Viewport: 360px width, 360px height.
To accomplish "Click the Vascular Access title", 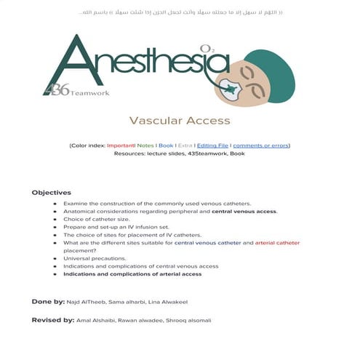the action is (x=180, y=121).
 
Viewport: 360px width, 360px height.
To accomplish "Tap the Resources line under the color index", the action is (x=180, y=154).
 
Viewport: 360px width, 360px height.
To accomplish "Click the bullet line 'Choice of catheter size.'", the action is (x=97, y=219).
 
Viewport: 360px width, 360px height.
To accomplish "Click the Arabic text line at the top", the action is (x=180, y=13).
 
